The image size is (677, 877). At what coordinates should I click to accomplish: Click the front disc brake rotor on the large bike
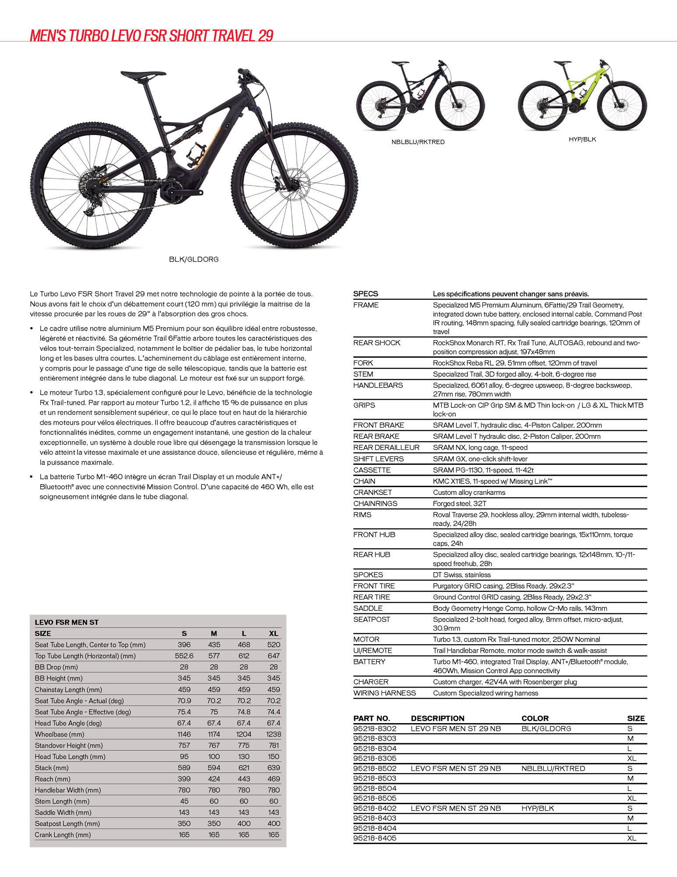tap(292, 185)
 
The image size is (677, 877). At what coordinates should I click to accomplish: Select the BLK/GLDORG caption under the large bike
tap(194, 260)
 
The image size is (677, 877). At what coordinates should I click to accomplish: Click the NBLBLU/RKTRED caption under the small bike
tap(418, 142)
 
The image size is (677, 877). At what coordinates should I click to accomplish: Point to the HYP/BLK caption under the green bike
tap(582, 139)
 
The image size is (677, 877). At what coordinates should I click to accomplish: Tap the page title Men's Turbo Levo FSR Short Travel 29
tap(152, 36)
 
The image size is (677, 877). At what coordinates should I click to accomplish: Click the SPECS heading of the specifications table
tap(365, 294)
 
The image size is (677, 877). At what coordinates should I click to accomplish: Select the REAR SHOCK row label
tap(377, 343)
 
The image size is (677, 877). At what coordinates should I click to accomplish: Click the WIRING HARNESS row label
tap(384, 693)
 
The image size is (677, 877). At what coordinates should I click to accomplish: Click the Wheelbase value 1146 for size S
tap(184, 734)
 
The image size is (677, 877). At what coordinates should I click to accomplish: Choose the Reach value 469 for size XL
tap(273, 779)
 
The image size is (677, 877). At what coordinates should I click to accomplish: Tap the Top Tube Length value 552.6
tap(184, 656)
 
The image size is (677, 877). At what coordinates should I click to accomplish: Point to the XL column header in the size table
tap(273, 633)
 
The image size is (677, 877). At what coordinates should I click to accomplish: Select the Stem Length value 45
tap(184, 801)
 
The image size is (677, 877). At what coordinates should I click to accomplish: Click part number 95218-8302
tap(375, 728)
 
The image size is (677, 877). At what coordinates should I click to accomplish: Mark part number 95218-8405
tap(375, 838)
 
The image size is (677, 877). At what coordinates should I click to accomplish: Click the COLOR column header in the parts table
tap(535, 718)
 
